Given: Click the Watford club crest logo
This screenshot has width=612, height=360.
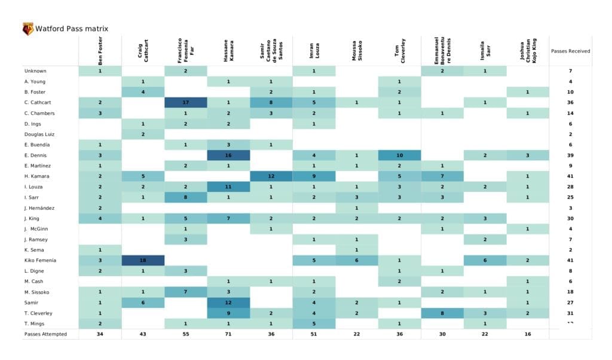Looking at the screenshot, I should click(x=27, y=29).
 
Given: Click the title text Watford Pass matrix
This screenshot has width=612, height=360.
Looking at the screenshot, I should click(x=72, y=29).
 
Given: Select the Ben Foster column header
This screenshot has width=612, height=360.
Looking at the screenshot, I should click(x=100, y=51).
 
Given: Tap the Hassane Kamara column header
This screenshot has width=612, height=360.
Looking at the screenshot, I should click(x=228, y=51).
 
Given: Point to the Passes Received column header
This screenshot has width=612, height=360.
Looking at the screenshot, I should click(x=570, y=51).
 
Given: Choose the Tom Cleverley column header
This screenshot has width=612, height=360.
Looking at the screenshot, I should click(x=399, y=51).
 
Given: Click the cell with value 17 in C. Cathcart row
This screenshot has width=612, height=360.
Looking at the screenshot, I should click(x=186, y=102).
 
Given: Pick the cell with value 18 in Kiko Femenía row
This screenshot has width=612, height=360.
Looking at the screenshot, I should click(x=143, y=260).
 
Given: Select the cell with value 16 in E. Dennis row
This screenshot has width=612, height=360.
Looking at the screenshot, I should click(x=228, y=155).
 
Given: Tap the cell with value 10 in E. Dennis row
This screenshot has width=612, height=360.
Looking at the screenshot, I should click(x=399, y=155).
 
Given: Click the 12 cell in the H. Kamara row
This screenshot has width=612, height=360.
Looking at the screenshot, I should click(x=271, y=176).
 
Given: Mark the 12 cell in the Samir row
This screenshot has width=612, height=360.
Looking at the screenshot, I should click(x=228, y=302).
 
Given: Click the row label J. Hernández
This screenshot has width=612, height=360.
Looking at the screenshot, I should click(x=39, y=208).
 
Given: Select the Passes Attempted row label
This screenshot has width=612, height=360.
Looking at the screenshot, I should click(x=45, y=334).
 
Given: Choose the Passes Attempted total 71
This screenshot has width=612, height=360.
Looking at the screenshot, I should click(x=228, y=334).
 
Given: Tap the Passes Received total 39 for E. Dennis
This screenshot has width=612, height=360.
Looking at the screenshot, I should click(x=570, y=155).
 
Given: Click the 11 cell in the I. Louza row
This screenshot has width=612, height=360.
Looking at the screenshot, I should click(x=228, y=187).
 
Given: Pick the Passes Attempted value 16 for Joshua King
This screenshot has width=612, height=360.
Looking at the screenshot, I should click(x=527, y=334).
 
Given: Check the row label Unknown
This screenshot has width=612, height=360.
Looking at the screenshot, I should click(x=35, y=71).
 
